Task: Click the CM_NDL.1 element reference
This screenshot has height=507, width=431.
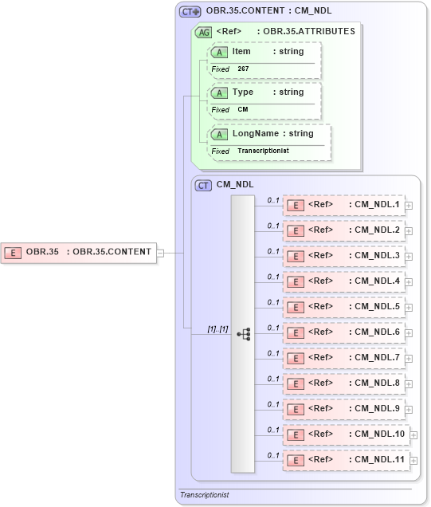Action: click(x=343, y=205)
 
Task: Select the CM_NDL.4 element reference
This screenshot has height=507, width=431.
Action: click(x=343, y=281)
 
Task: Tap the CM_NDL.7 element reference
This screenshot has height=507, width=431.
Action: click(x=343, y=357)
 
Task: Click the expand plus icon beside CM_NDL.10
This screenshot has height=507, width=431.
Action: click(x=413, y=435)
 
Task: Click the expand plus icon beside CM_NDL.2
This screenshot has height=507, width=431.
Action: click(x=409, y=231)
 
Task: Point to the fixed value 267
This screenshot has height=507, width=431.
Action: click(x=244, y=69)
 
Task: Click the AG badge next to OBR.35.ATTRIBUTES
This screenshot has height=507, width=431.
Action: click(x=204, y=32)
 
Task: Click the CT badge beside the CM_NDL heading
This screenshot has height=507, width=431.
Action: click(x=204, y=184)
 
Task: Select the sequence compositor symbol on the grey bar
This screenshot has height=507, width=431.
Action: click(x=244, y=333)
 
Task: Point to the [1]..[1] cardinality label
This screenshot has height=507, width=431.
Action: click(x=217, y=328)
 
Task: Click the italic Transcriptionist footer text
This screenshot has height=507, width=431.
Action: click(x=204, y=495)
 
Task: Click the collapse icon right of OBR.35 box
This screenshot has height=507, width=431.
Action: click(x=160, y=253)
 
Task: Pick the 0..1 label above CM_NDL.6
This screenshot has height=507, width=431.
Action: click(x=273, y=327)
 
